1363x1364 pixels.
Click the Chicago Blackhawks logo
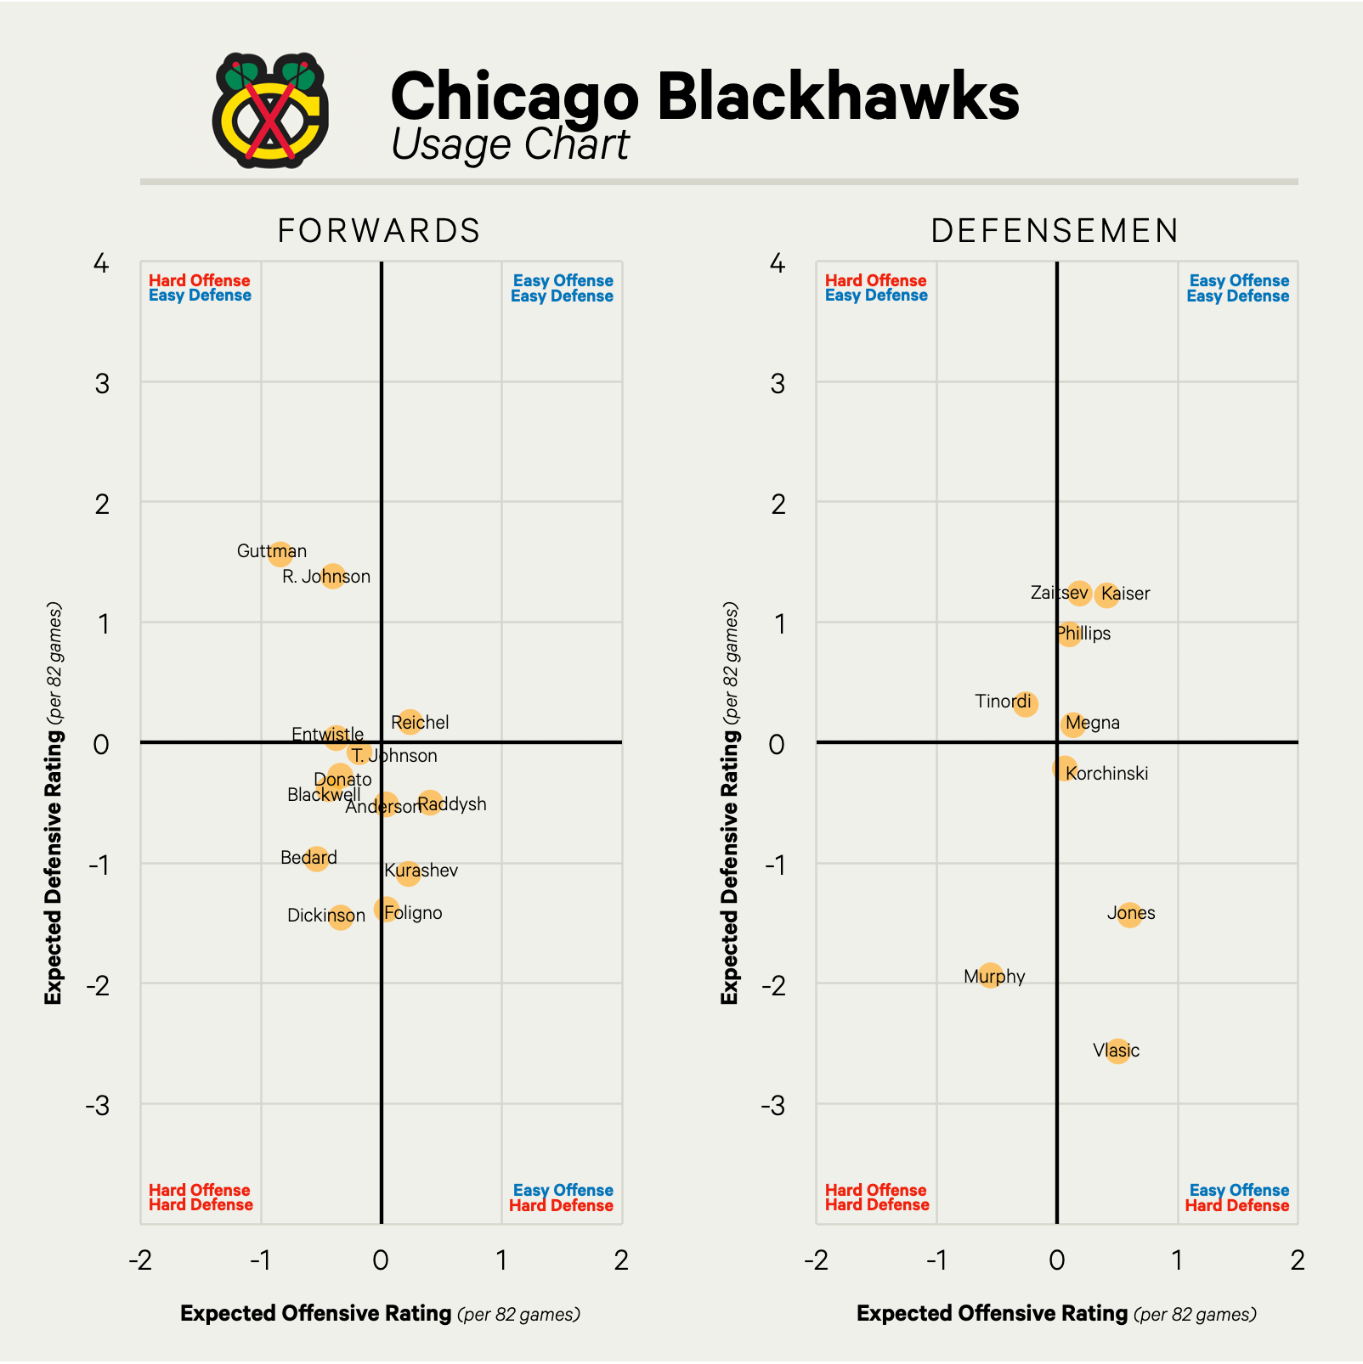[x=270, y=110]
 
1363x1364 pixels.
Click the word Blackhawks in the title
[x=837, y=98]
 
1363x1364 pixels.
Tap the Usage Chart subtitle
[x=510, y=144]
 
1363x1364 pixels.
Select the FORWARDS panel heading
[x=379, y=231]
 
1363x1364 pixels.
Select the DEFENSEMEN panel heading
[x=1055, y=231]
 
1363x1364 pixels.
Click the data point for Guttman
[x=280, y=554]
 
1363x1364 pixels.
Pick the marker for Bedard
[x=316, y=859]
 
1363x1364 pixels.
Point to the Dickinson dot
[x=340, y=916]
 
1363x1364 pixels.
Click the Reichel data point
[x=410, y=723]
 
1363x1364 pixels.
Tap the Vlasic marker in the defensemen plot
[x=1117, y=1051]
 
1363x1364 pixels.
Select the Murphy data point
[x=990, y=975]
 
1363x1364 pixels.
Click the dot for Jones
[x=1128, y=915]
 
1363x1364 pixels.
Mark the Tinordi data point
[x=1026, y=704]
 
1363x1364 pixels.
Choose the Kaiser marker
[x=1106, y=595]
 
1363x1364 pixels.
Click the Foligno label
[x=414, y=913]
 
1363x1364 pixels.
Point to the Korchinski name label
[x=1107, y=774]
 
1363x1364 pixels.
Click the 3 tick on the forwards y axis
[x=103, y=384]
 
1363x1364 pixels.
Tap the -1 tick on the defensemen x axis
[x=936, y=1260]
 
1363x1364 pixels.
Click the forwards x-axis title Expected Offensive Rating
[x=316, y=1314]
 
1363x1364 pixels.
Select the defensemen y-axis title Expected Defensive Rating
[x=730, y=803]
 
